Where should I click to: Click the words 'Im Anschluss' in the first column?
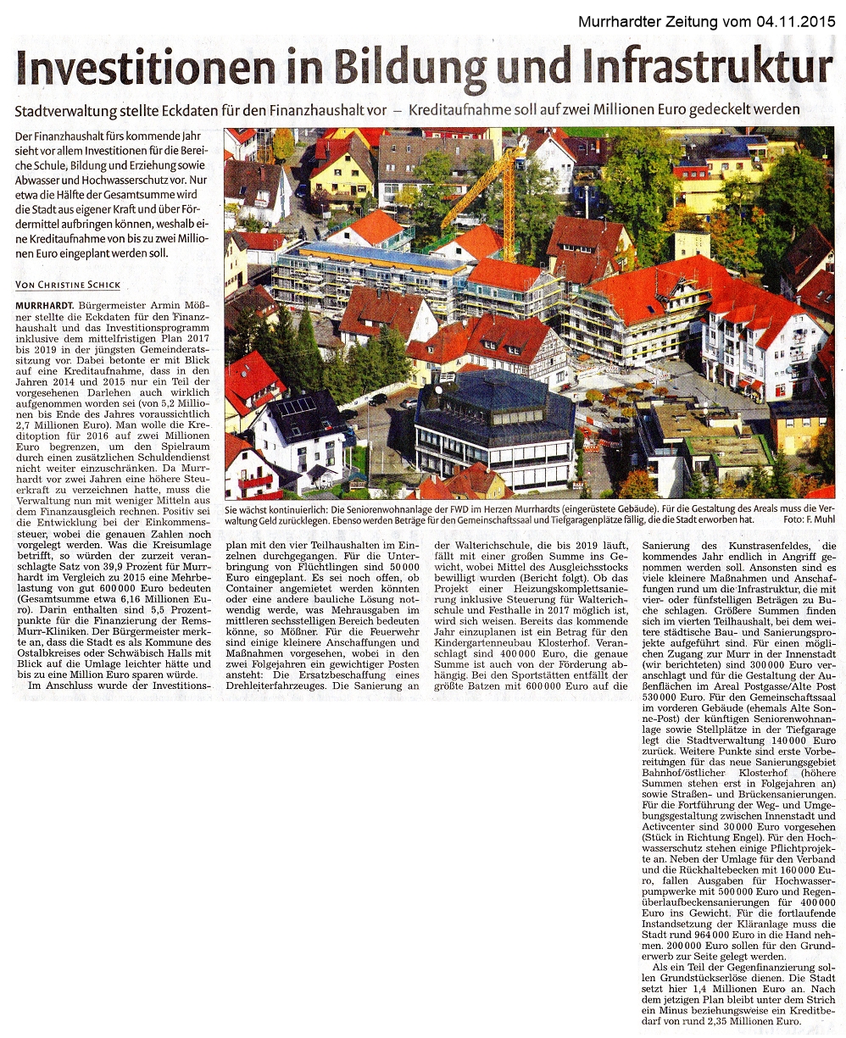[59, 685]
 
